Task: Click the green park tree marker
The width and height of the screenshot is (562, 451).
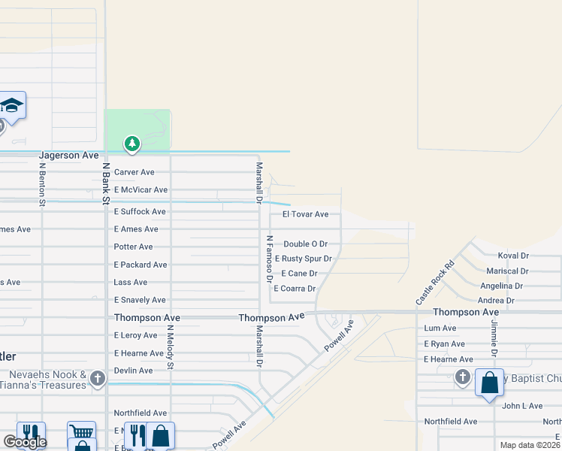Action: (132, 143)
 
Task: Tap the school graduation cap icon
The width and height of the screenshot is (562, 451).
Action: (12, 105)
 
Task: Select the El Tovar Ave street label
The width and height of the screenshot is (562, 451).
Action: (305, 214)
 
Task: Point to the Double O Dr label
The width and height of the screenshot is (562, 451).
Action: (306, 244)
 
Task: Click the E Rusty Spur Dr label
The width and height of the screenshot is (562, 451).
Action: (304, 259)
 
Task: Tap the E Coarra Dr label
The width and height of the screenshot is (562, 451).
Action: (295, 289)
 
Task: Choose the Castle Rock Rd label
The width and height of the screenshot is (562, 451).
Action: (436, 283)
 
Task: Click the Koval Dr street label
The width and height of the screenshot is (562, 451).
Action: (513, 256)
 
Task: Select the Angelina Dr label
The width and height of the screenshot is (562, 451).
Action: (502, 286)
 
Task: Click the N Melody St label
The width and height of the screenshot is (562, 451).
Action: (171, 347)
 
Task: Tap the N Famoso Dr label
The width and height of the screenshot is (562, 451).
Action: (268, 258)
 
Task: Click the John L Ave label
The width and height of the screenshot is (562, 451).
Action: (522, 406)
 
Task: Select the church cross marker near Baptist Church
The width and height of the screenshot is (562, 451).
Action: (463, 377)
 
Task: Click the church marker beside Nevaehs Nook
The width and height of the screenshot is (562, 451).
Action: (98, 379)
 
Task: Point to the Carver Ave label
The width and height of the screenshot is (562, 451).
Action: (134, 172)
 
